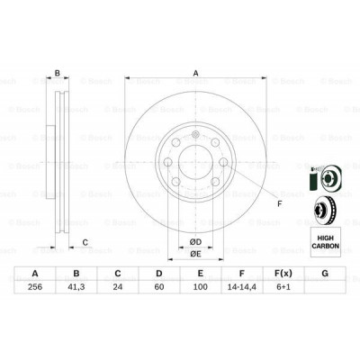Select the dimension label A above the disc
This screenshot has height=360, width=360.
pyautogui.click(x=193, y=76)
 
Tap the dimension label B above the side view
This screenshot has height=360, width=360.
pyautogui.click(x=57, y=73)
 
